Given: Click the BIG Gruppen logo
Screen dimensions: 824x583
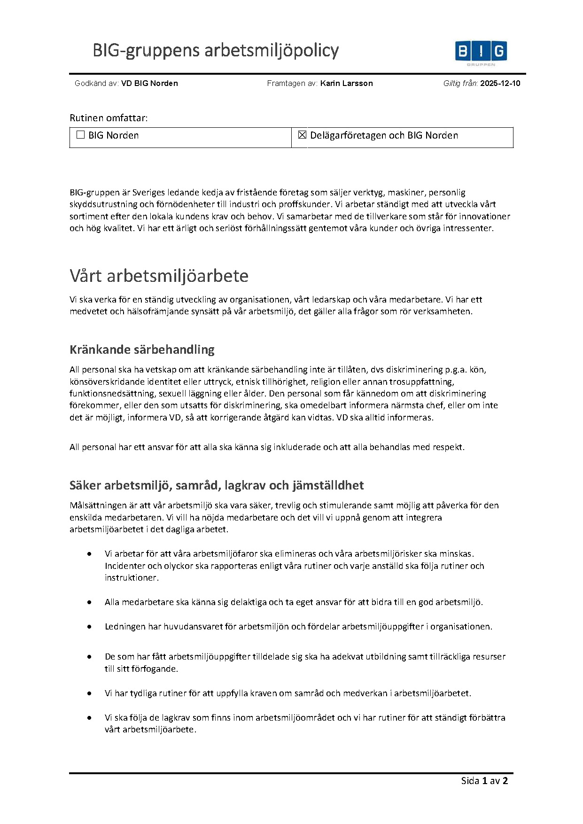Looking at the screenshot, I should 481,52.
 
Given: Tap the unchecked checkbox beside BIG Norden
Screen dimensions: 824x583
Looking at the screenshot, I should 80,135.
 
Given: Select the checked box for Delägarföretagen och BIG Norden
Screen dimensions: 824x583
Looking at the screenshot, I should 302,135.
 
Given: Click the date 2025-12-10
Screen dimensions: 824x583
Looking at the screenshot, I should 500,84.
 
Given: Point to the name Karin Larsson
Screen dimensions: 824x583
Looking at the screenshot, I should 346,84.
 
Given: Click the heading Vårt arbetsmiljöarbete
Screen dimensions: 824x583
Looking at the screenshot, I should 159,276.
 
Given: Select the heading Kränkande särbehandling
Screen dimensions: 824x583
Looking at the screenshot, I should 142,350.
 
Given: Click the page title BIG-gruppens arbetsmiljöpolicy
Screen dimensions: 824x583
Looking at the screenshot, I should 216,50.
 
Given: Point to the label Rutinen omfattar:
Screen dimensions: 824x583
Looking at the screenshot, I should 109,118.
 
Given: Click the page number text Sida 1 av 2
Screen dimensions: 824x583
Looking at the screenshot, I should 484,781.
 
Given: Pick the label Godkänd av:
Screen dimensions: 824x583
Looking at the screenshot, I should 96,84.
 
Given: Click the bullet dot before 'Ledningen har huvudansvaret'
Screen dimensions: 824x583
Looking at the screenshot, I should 89,627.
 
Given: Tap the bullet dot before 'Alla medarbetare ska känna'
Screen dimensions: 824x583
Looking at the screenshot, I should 89,602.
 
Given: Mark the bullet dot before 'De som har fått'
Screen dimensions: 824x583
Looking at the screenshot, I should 89,657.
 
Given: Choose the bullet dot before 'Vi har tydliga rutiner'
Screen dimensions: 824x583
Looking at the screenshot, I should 89,693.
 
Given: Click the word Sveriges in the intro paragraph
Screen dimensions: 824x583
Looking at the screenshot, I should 149,193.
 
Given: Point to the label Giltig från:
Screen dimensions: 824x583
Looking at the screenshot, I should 460,84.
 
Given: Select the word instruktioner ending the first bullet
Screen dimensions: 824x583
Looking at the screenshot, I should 131,578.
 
